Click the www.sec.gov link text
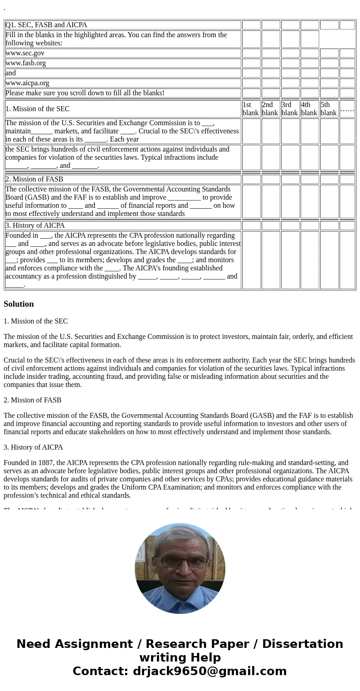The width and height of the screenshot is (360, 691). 25,53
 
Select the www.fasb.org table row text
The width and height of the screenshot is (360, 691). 26,63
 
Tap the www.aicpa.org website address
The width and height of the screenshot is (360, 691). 27,83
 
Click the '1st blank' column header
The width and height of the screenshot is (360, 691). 251,109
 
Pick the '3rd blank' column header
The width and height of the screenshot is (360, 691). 290,109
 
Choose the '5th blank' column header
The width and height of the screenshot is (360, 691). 329,109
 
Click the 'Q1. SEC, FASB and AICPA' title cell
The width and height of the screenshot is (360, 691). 46,25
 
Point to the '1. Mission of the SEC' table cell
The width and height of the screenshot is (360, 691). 38,109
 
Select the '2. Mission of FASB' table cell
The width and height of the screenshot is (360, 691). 34,179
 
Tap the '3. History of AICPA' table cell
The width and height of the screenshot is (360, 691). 35,225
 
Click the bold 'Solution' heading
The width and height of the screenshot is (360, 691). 19,304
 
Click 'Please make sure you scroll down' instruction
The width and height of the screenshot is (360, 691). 85,93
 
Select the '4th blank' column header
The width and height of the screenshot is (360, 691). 309,109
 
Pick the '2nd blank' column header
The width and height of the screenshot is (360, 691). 270,109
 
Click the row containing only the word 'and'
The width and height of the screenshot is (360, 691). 10,73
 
